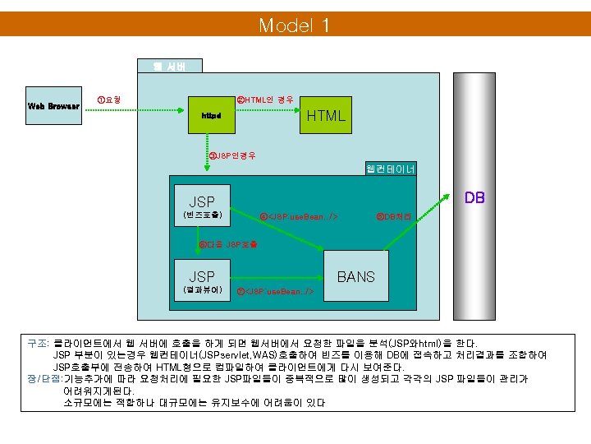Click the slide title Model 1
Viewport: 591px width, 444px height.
(295, 25)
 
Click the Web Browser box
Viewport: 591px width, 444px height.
(53, 105)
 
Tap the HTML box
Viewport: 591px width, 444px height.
(326, 116)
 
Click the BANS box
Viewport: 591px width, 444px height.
(355, 277)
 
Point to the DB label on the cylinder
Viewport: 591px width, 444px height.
(474, 197)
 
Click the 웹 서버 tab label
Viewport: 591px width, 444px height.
(169, 67)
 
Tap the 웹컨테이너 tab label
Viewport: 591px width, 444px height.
(390, 169)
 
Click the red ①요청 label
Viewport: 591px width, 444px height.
(108, 99)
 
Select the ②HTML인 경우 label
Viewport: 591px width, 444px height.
(264, 99)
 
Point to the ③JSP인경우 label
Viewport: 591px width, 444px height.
(233, 155)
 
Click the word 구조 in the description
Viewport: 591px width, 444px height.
(36, 343)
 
